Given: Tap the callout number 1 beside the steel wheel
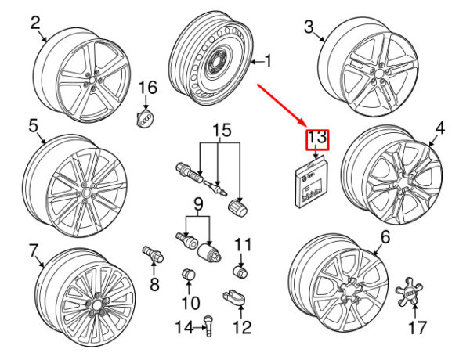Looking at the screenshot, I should point(269,60).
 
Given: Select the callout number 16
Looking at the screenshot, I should point(149,87).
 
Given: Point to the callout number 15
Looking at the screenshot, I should point(222,129).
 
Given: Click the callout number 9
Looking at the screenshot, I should point(198,207).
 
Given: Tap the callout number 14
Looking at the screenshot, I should point(183,327).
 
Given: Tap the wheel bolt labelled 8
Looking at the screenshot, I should point(151,255).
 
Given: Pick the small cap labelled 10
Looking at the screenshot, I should point(188,275).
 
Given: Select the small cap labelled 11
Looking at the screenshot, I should point(242,272).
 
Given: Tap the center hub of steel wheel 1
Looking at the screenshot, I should point(214,67).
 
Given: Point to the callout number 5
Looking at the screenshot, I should point(34,124).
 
